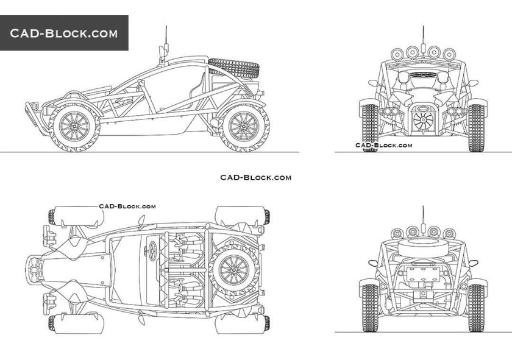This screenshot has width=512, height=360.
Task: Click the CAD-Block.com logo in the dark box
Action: (x=64, y=33)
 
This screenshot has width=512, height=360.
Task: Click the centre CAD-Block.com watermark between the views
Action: (x=255, y=177)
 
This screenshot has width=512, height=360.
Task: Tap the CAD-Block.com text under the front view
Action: (x=384, y=145)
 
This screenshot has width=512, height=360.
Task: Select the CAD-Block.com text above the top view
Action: (x=127, y=206)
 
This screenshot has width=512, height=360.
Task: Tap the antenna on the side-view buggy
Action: (x=165, y=40)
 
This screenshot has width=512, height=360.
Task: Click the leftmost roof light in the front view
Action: (x=394, y=52)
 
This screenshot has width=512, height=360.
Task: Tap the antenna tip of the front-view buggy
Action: (x=423, y=27)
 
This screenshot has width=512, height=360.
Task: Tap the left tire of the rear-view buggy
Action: (x=370, y=308)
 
